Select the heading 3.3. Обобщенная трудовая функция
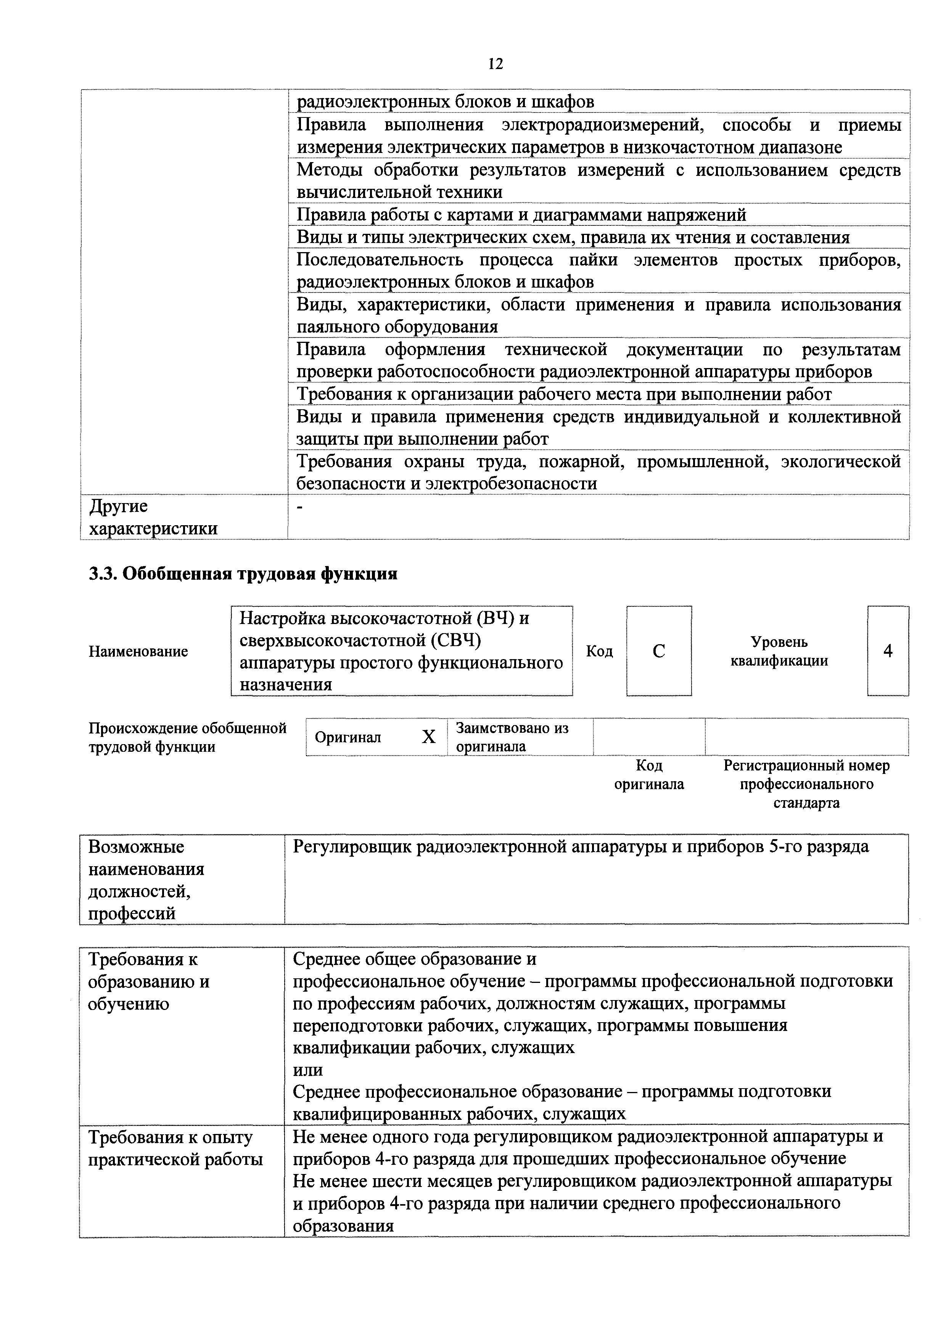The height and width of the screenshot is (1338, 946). click(x=243, y=574)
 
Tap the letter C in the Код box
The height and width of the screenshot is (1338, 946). click(x=659, y=651)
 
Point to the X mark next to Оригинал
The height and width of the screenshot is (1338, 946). click(x=428, y=737)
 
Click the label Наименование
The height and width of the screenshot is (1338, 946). click(x=138, y=651)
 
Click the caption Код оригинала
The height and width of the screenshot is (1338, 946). click(x=649, y=775)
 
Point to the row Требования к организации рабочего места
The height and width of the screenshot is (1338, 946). click(x=564, y=394)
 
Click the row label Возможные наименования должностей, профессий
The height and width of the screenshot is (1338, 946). click(x=146, y=880)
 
